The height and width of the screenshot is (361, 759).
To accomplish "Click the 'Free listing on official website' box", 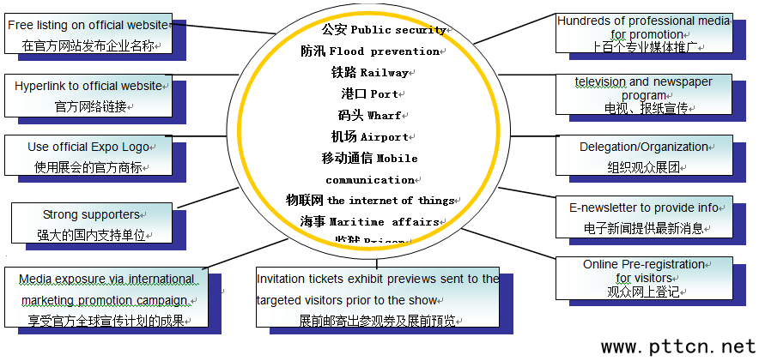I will tap(88, 34).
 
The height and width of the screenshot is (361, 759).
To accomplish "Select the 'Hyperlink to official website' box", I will tap(89, 95).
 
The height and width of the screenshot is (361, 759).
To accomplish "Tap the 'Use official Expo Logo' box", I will tap(88, 156).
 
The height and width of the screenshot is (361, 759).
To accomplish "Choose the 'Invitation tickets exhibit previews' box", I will tap(377, 299).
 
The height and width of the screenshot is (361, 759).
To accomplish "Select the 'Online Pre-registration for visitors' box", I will tap(643, 277).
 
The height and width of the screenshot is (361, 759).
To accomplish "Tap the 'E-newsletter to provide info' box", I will tap(643, 217).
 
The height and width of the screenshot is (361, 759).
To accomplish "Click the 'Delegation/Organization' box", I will tap(643, 156).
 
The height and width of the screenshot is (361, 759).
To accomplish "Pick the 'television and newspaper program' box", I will tap(643, 94).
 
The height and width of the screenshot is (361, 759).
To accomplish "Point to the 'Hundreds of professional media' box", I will tap(643, 33).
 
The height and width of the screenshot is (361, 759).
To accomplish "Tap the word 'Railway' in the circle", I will tap(384, 73).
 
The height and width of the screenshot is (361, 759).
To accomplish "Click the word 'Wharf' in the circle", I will tap(384, 115).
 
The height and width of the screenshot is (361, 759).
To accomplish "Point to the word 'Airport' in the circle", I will tap(384, 136).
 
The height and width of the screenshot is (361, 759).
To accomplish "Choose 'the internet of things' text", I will tap(391, 201).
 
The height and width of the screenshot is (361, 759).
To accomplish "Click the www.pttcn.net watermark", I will tap(678, 346).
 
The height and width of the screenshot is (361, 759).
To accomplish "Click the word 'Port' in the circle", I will tap(383, 93).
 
